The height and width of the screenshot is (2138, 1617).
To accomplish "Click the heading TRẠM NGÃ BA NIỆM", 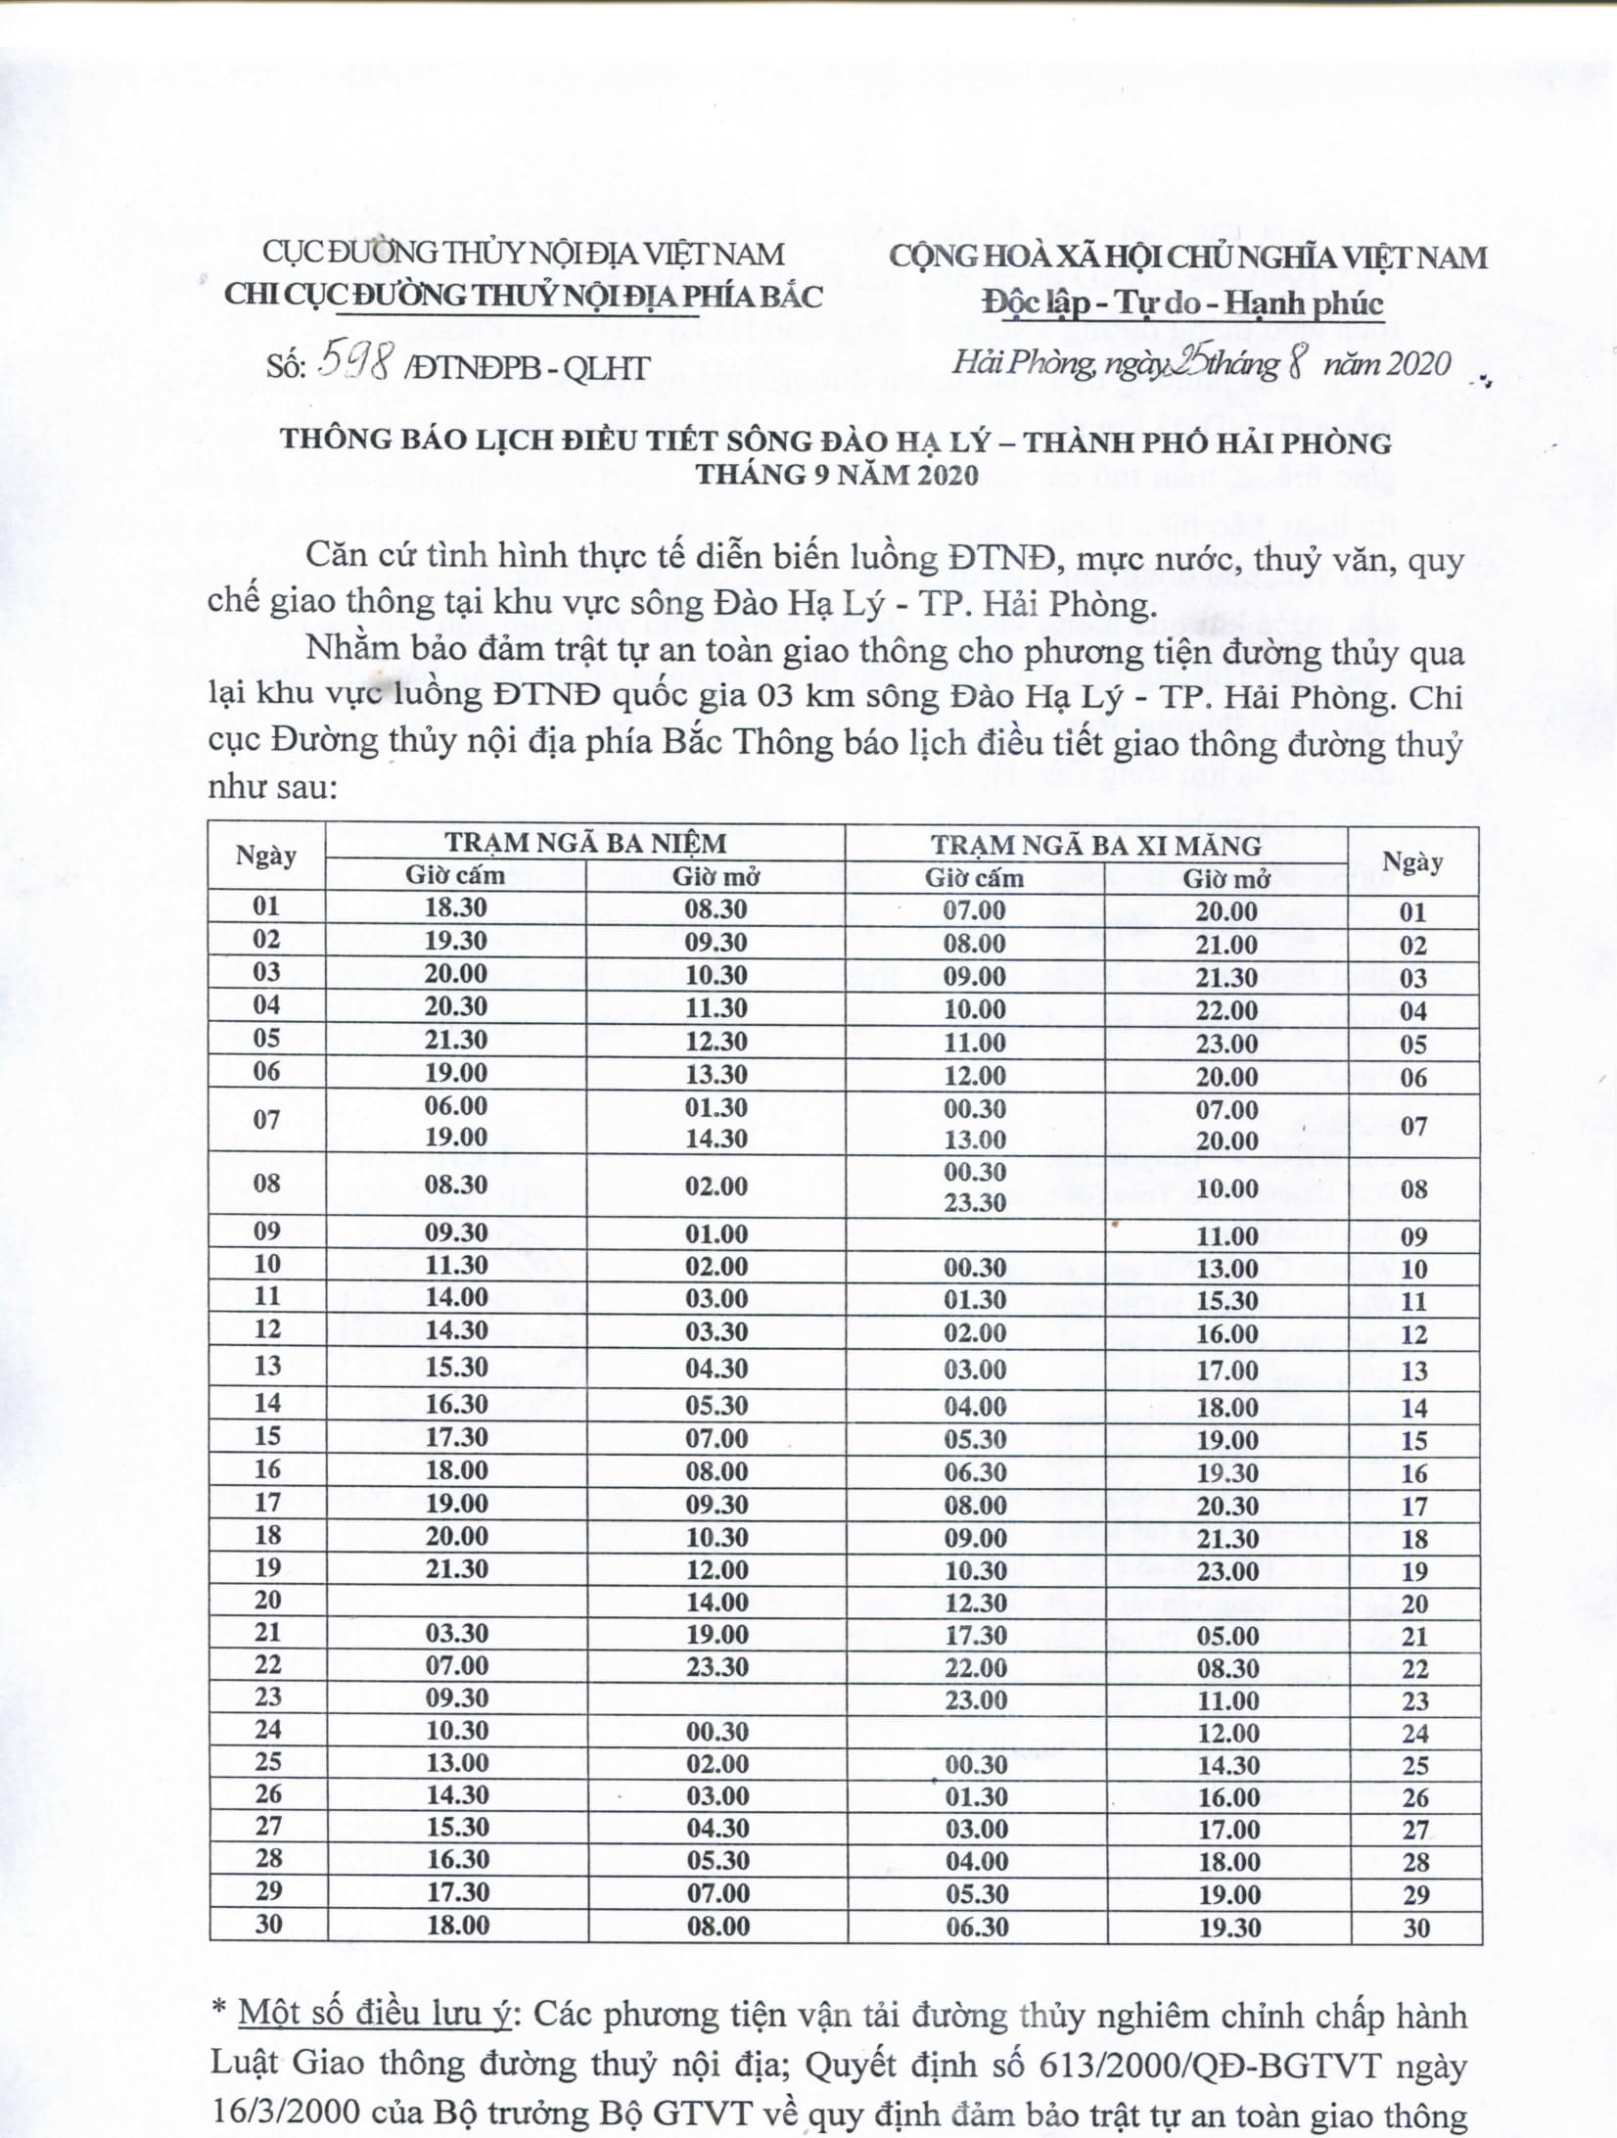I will tap(585, 843).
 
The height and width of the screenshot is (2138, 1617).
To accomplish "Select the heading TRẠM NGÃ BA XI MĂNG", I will tap(1095, 845).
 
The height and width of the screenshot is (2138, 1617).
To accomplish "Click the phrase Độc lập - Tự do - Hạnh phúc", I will tap(1183, 304).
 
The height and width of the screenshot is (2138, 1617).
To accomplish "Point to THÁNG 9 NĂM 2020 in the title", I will tap(837, 475).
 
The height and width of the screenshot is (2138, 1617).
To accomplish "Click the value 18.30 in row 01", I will tap(456, 907).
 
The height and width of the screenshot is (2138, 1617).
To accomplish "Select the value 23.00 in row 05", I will tap(1226, 1044).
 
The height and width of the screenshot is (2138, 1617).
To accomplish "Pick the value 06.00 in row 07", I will tap(456, 1105).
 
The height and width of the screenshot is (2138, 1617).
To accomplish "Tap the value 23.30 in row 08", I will tap(975, 1203).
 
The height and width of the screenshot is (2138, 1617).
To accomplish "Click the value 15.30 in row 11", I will tap(1226, 1301).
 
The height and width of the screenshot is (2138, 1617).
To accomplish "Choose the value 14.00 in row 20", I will tap(717, 1603).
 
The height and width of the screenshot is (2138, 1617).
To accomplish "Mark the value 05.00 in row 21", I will tap(1226, 1636).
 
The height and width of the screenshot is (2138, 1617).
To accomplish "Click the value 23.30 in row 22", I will tap(717, 1667).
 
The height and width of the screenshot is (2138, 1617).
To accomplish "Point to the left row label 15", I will tap(267, 1436).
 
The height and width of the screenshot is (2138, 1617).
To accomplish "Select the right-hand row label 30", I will tap(1415, 1928).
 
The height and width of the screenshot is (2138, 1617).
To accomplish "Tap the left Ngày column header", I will tap(266, 857).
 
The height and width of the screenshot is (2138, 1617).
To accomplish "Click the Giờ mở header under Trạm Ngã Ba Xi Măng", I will tap(1225, 878).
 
